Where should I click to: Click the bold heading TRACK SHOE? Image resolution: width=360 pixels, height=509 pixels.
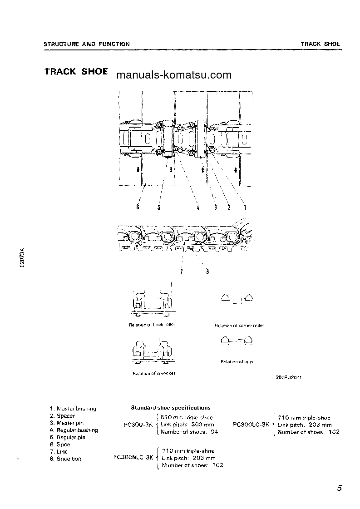pos(76,72)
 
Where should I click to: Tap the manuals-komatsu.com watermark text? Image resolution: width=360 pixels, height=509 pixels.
pos(174,75)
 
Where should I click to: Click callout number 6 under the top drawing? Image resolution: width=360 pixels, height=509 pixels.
pos(137,208)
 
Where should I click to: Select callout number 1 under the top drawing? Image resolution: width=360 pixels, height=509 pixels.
pos(245,208)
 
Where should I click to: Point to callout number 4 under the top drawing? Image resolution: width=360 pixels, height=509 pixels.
pos(198,208)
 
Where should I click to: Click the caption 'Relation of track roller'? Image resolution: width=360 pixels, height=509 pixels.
pos(152,325)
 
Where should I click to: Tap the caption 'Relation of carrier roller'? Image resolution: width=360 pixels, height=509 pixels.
pos(239,326)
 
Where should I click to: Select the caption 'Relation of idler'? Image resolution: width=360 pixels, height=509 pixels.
pos(237,362)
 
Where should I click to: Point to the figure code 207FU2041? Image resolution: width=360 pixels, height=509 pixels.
pos(289,378)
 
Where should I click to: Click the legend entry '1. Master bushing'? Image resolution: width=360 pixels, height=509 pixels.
pos(73,409)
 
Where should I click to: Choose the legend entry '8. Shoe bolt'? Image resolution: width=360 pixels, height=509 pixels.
pos(66,459)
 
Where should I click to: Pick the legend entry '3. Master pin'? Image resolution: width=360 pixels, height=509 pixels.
pos(68,423)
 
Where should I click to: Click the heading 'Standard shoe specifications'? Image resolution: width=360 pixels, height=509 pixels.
pos(171,408)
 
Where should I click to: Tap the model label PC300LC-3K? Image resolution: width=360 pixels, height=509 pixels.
pos(251,425)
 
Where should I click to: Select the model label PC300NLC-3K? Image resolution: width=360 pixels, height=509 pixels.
pos(133,458)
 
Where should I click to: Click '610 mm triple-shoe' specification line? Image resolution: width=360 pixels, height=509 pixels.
pos(187,417)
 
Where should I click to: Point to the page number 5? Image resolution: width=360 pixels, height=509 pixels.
pos(340,489)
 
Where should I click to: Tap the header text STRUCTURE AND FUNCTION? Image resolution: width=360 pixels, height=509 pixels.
pos(86,44)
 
